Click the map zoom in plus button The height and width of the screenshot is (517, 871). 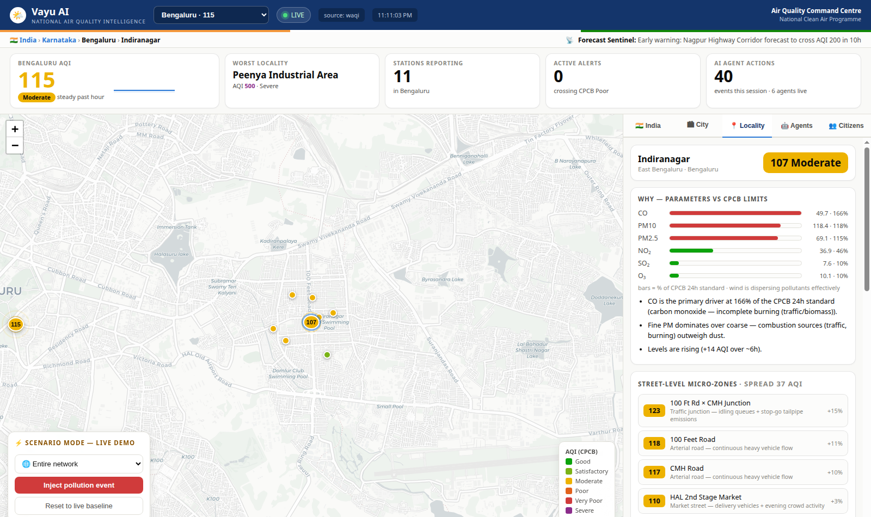tap(15, 129)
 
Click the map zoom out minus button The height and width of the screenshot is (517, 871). tap(15, 145)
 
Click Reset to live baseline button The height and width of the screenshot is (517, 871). tap(79, 506)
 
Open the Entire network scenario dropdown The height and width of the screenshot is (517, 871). tap(79, 464)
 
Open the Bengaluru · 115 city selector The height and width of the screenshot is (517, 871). tap(211, 15)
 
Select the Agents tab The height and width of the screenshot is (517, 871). tap(796, 126)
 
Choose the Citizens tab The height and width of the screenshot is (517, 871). tap(846, 126)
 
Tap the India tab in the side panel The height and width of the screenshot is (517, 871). tap(648, 126)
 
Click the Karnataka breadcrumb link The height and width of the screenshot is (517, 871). tap(59, 40)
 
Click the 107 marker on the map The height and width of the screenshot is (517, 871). tap(311, 322)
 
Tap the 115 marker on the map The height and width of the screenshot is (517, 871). tap(16, 324)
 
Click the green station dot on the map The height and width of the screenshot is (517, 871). tap(327, 355)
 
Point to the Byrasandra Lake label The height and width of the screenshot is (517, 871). tap(443, 279)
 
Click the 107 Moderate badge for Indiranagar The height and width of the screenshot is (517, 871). tap(805, 163)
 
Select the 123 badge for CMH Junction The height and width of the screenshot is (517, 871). tap(654, 410)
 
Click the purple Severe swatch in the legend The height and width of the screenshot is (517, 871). tap(569, 510)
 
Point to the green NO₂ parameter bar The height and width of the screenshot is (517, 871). tap(691, 251)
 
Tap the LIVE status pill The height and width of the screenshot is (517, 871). tap(293, 15)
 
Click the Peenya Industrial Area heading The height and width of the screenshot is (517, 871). tap(285, 75)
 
